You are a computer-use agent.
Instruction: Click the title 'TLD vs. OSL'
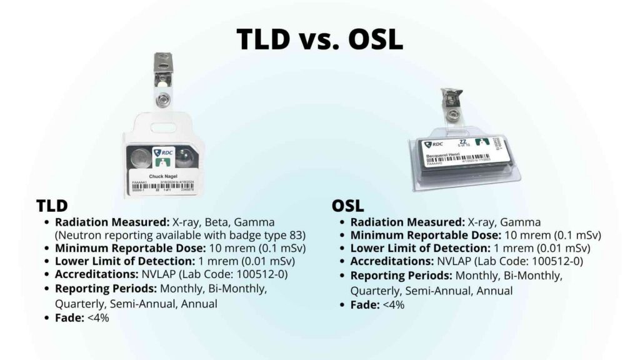[x=319, y=39]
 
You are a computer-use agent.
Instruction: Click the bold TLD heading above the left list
[x=52, y=205]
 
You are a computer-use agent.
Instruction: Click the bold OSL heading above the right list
[x=347, y=205]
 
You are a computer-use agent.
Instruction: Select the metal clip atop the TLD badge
[x=164, y=69]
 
